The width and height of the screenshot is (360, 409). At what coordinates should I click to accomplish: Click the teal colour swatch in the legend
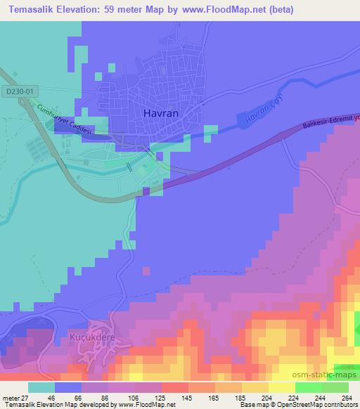tap(41, 388)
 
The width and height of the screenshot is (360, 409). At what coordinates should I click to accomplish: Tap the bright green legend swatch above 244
tap(308, 388)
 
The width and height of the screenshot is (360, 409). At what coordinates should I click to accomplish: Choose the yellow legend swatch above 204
tap(255, 388)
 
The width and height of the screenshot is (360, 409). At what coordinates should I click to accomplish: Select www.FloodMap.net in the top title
tap(217, 10)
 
